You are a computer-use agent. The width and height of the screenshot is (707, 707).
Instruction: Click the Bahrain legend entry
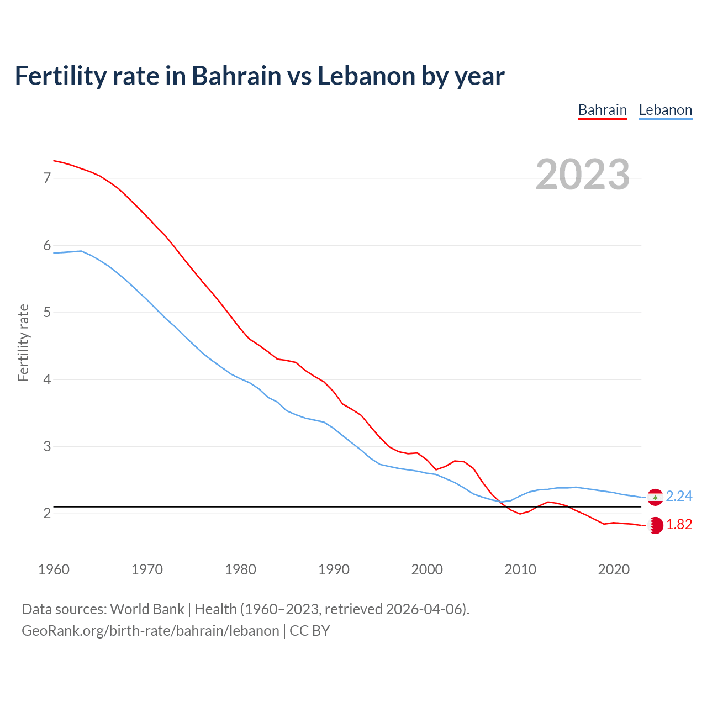click(602, 110)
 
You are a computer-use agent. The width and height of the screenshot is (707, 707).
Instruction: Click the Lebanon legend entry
click(665, 110)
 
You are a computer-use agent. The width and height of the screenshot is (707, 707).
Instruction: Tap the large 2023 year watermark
click(583, 175)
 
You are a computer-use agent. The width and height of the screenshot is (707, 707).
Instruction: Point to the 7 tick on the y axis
click(47, 178)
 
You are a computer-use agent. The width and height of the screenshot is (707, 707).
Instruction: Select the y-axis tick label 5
click(47, 313)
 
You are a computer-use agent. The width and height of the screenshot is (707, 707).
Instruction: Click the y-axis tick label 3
click(47, 446)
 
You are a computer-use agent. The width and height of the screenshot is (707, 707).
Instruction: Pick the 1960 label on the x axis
click(54, 569)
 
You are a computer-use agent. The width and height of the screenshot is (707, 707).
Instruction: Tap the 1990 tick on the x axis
click(334, 569)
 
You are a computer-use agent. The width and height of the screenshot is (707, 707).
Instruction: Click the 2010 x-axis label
click(520, 569)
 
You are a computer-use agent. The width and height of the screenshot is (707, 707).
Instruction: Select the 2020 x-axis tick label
click(614, 569)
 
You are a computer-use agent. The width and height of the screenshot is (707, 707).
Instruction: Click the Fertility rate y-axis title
click(23, 342)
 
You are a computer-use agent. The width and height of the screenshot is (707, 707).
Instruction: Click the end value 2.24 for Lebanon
click(679, 497)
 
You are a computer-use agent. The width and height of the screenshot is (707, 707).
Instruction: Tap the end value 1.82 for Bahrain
click(679, 525)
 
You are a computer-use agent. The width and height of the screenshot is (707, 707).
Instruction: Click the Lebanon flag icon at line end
click(655, 497)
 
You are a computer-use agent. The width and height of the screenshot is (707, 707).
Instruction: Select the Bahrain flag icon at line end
click(656, 525)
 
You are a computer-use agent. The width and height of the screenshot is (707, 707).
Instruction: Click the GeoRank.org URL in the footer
click(150, 631)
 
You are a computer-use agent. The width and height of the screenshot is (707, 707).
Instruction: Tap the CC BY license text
click(309, 631)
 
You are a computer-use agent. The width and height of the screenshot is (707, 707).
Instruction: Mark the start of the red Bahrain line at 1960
click(54, 161)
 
